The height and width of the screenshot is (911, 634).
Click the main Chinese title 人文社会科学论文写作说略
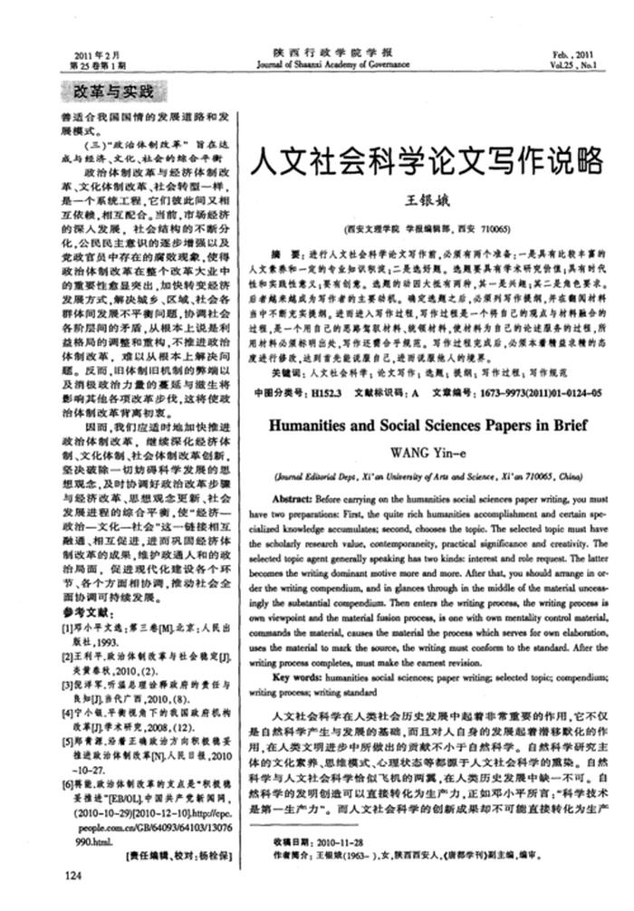425,161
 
